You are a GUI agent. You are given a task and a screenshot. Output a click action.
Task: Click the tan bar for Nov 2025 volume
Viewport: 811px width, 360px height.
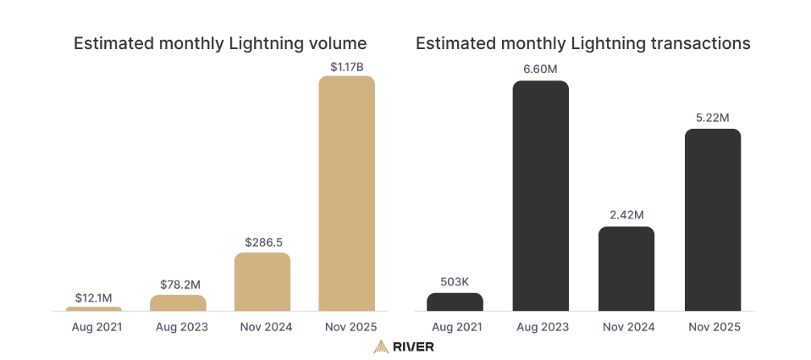346,193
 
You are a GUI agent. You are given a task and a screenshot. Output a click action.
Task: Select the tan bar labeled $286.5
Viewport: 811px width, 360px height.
262,282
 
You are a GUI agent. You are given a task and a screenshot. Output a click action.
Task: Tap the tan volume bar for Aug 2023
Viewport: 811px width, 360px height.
178,303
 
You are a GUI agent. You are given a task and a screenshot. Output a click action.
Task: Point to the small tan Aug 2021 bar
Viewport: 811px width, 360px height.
94,309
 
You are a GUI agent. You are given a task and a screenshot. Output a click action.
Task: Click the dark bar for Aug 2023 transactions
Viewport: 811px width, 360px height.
540,196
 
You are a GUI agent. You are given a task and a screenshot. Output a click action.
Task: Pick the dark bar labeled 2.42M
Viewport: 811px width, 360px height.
626,269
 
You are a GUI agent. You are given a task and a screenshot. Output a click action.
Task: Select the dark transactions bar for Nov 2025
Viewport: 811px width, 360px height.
713,220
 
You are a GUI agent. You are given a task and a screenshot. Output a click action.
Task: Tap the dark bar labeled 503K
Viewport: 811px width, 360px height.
455,302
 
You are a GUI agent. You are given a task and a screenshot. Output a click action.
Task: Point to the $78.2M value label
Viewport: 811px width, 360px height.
180,285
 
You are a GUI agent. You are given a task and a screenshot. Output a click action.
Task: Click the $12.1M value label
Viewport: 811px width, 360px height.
94,298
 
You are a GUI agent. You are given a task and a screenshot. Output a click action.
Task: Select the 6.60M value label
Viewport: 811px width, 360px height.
540,69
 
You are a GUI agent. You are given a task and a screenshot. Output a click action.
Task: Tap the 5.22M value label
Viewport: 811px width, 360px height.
713,118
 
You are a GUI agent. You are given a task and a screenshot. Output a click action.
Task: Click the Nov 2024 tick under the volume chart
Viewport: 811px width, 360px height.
266,327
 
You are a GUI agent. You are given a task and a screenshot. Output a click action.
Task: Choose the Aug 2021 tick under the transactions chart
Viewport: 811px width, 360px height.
456,327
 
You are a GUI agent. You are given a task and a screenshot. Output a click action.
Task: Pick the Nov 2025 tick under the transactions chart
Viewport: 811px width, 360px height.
714,327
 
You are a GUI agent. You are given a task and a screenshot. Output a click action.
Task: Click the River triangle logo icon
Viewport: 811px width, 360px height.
381,346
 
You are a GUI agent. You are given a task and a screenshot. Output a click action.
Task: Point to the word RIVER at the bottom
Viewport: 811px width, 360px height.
413,346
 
